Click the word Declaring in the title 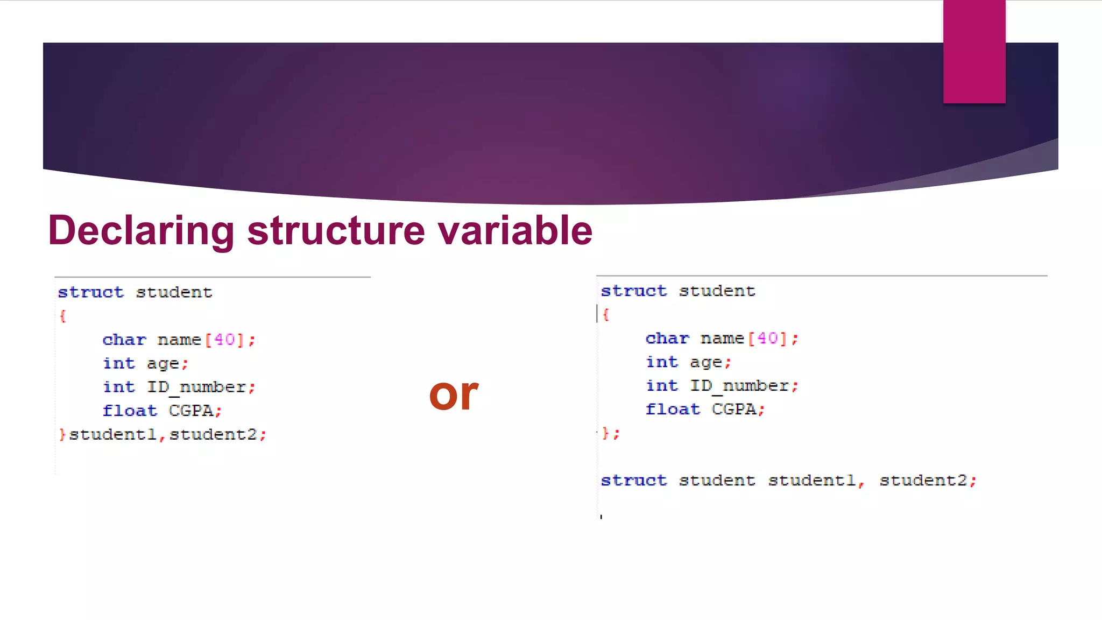pyautogui.click(x=141, y=230)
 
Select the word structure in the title pyautogui.click(x=336, y=230)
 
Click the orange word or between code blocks pyautogui.click(x=453, y=394)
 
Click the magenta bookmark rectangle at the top pyautogui.click(x=974, y=51)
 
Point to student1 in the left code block pyautogui.click(x=112, y=434)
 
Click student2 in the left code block pyautogui.click(x=213, y=434)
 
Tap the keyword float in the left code pyautogui.click(x=130, y=411)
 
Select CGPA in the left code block pyautogui.click(x=191, y=411)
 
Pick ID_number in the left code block pyautogui.click(x=196, y=387)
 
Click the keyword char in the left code pyautogui.click(x=124, y=340)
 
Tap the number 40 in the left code pyautogui.click(x=224, y=340)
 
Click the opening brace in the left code pyautogui.click(x=63, y=316)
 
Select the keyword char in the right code pyautogui.click(x=667, y=338)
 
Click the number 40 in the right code pyautogui.click(x=767, y=338)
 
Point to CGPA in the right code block pyautogui.click(x=734, y=409)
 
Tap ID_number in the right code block pyautogui.click(x=739, y=385)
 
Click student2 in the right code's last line pyautogui.click(x=923, y=480)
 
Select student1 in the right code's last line pyautogui.click(x=812, y=480)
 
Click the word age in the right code pyautogui.click(x=706, y=362)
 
